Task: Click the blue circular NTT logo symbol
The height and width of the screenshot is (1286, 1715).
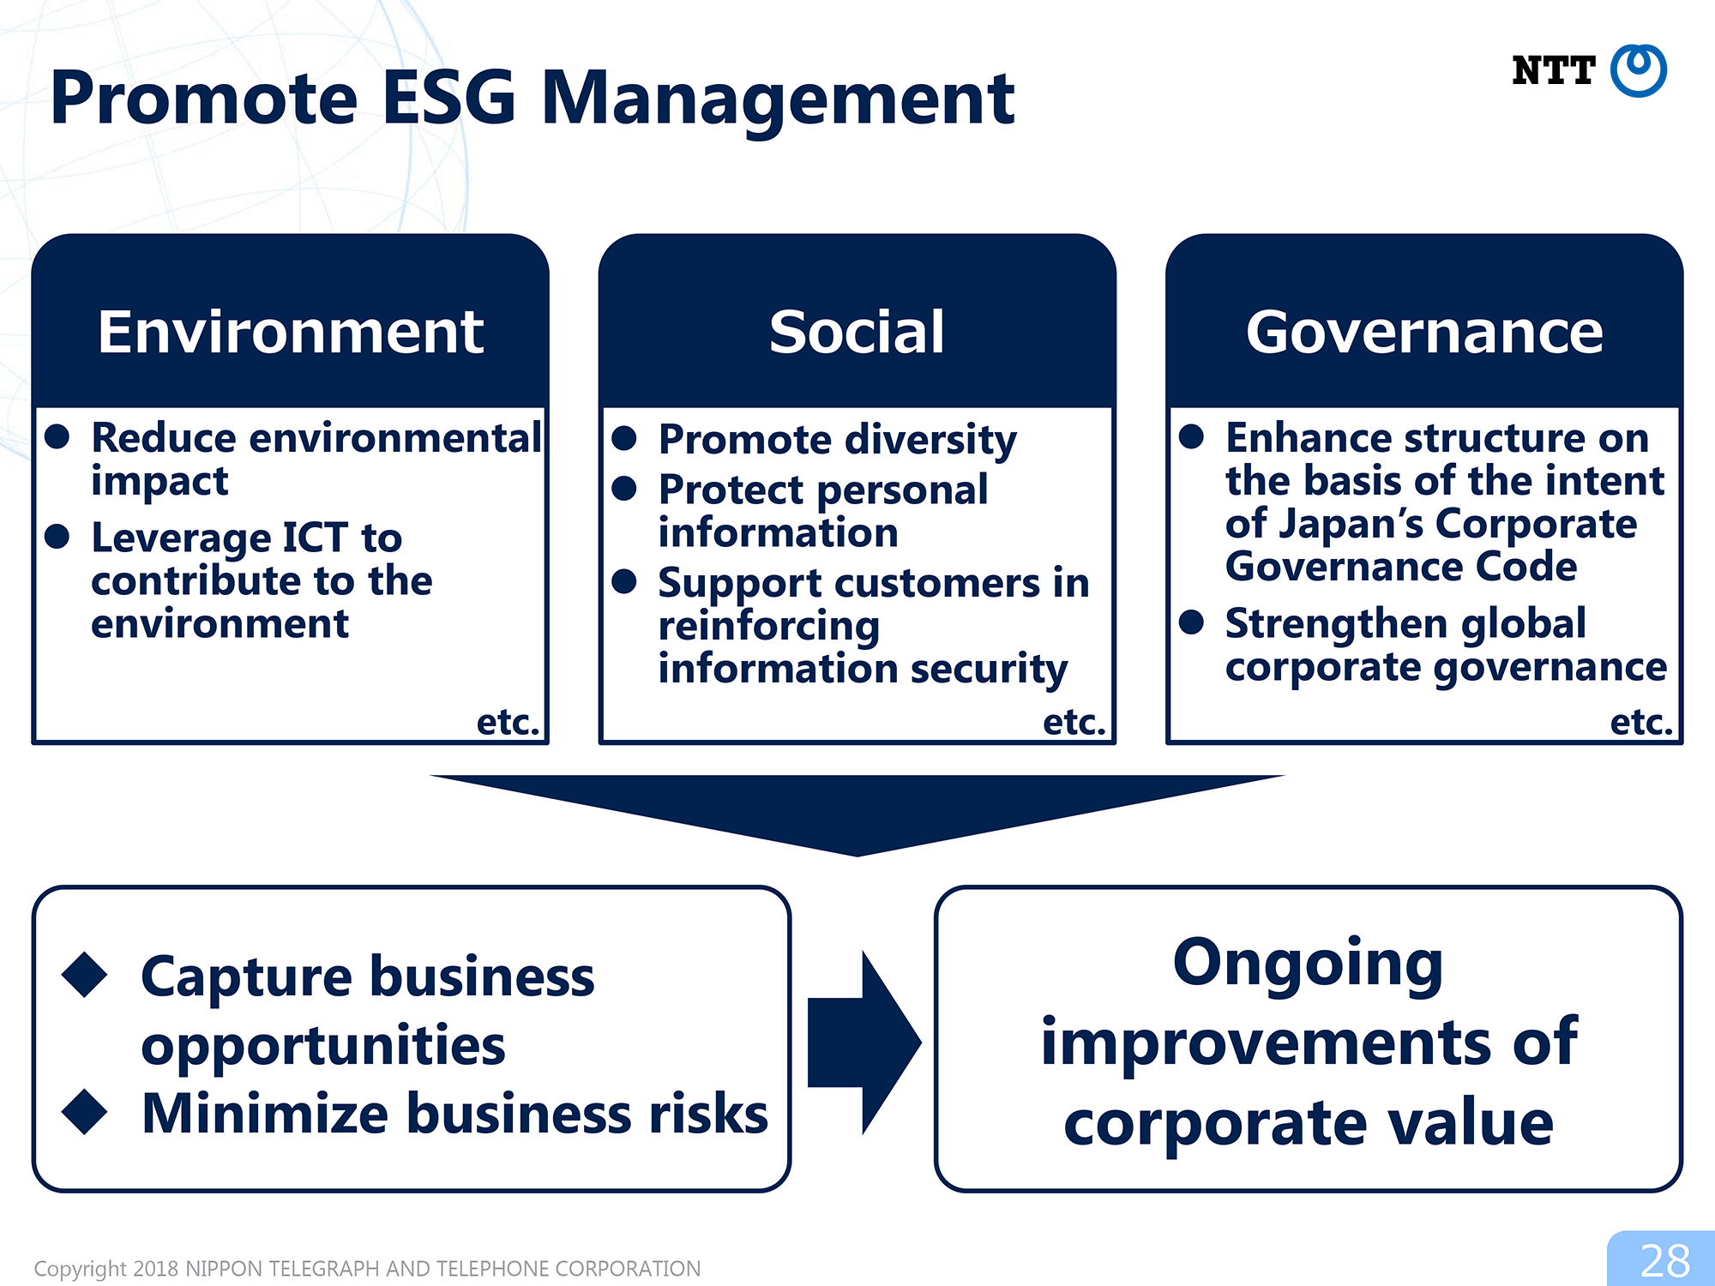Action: click(x=1638, y=70)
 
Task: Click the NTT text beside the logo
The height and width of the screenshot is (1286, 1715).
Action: click(x=1553, y=70)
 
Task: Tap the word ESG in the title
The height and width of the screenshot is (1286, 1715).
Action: click(x=448, y=98)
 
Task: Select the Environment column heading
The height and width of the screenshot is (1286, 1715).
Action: click(x=291, y=332)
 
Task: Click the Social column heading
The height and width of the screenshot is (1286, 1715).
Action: click(x=857, y=332)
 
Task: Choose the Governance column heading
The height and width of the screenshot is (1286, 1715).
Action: click(x=1424, y=332)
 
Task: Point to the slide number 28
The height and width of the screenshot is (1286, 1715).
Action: click(x=1664, y=1261)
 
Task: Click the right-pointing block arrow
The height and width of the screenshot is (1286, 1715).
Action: click(x=864, y=1043)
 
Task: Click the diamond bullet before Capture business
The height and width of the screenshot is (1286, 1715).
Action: click(x=85, y=975)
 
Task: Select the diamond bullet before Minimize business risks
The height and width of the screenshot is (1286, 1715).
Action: click(x=85, y=1112)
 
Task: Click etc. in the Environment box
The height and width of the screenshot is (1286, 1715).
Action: click(x=508, y=723)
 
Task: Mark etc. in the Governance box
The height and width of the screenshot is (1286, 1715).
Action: click(x=1641, y=723)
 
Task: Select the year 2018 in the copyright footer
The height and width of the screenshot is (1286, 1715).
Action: click(x=156, y=1269)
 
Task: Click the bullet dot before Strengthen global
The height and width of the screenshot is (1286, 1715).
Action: click(x=1191, y=622)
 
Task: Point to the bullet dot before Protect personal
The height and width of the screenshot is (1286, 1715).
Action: click(x=624, y=489)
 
